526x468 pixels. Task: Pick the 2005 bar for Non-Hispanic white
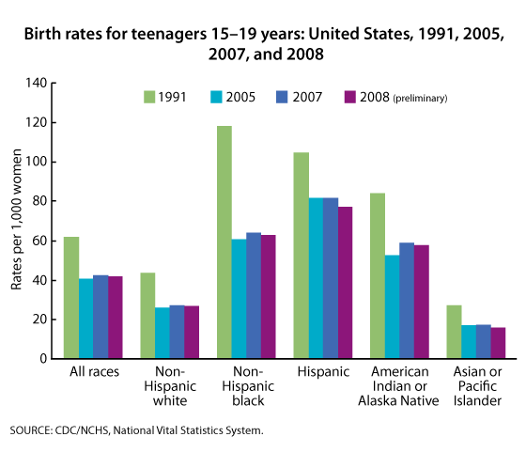coord(162,333)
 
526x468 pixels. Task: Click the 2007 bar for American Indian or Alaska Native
coord(408,301)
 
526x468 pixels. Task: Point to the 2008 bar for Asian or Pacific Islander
coord(498,343)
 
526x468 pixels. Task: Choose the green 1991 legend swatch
coord(149,96)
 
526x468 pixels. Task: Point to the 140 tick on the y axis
coord(40,83)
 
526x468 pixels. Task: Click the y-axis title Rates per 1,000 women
coord(17,220)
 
